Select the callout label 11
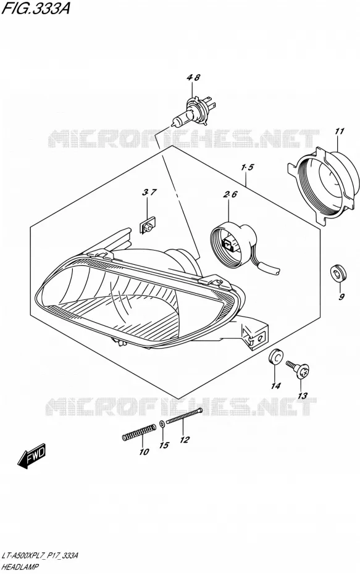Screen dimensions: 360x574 pyautogui.click(x=340, y=131)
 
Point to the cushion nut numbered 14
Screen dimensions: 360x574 pyautogui.click(x=275, y=357)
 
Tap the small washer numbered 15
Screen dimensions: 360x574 pyautogui.click(x=162, y=425)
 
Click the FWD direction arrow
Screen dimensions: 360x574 pyautogui.click(x=32, y=455)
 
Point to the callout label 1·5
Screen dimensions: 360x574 pyautogui.click(x=248, y=168)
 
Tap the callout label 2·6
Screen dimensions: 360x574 pyautogui.click(x=230, y=194)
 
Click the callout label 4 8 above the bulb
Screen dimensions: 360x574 pyautogui.click(x=193, y=78)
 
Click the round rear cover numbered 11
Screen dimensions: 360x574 pyautogui.click(x=322, y=185)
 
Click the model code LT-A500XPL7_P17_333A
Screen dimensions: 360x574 pyautogui.click(x=40, y=555)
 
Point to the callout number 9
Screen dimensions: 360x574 pyautogui.click(x=341, y=296)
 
